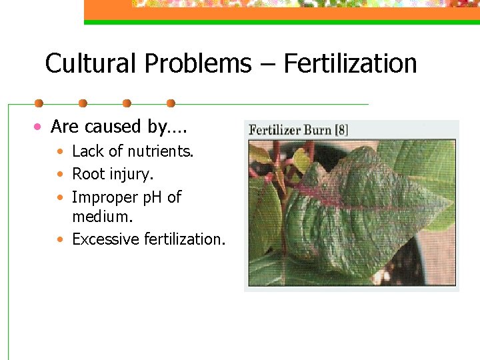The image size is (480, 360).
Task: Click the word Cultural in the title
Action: point(91,64)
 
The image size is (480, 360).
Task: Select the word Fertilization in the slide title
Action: point(350,64)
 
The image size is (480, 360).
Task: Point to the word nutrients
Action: point(160,152)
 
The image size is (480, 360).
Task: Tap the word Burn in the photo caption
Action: point(317,129)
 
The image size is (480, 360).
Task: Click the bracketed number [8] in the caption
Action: point(341,129)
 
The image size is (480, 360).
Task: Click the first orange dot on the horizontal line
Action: point(39,103)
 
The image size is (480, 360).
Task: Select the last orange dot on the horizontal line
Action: point(171,103)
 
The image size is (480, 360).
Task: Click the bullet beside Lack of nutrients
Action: point(60,153)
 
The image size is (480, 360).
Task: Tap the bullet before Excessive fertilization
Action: point(60,239)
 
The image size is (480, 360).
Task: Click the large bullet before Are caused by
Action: point(39,127)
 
